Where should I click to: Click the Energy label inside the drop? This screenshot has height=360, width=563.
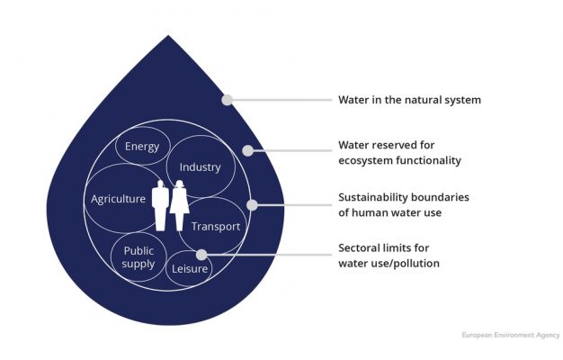[142, 147]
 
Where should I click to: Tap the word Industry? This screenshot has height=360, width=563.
[200, 167]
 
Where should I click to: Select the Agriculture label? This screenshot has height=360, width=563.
[118, 199]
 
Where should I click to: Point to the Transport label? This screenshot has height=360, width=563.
[216, 226]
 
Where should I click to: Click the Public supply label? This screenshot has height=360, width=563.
[139, 257]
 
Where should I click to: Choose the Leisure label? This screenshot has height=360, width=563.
[190, 269]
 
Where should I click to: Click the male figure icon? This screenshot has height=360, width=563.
[160, 205]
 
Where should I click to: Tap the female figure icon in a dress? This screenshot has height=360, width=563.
[180, 205]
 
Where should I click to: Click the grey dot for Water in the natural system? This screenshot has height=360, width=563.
[227, 100]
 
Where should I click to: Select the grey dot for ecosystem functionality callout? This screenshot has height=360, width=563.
[247, 151]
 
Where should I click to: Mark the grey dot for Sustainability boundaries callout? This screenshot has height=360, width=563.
[252, 205]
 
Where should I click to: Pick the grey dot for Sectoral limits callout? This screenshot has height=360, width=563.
[201, 255]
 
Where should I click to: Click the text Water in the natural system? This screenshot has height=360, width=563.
[410, 100]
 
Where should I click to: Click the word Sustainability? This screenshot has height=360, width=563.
[372, 198]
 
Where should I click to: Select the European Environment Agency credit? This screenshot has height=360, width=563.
[511, 335]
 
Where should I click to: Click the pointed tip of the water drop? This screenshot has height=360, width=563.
[168, 36]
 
